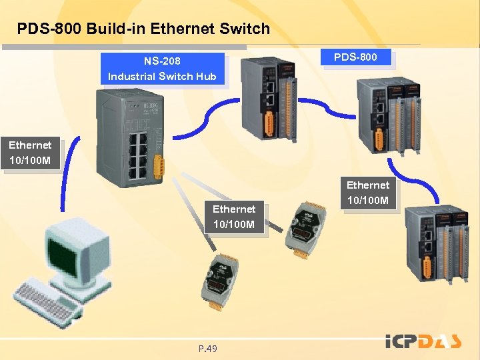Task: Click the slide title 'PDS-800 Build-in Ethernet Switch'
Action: tap(143, 29)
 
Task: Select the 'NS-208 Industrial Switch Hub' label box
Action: tap(162, 69)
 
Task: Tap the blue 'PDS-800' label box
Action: tap(355, 57)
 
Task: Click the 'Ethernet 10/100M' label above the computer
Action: tap(30, 153)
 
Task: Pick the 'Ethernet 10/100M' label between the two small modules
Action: tap(233, 217)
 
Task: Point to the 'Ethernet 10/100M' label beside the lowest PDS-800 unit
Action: tap(367, 192)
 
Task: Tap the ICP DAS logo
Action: tap(423, 341)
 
